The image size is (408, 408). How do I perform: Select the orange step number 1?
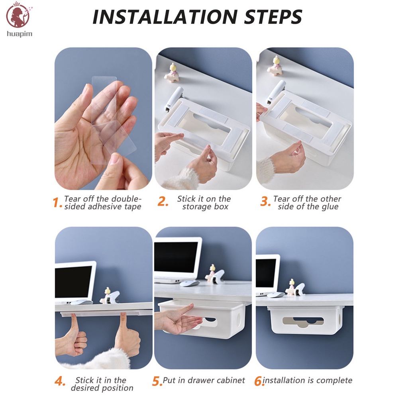click(x=57, y=202)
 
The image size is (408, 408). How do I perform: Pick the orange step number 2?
click(x=163, y=202)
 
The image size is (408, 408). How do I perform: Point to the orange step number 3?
click(x=265, y=202)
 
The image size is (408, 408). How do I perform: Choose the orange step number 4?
click(x=60, y=381)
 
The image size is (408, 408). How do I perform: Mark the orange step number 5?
click(x=157, y=381)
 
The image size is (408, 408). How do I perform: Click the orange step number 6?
click(x=259, y=381)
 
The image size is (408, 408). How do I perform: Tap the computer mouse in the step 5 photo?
click(x=190, y=283)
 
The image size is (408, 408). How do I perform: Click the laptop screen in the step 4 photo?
click(x=73, y=282)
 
